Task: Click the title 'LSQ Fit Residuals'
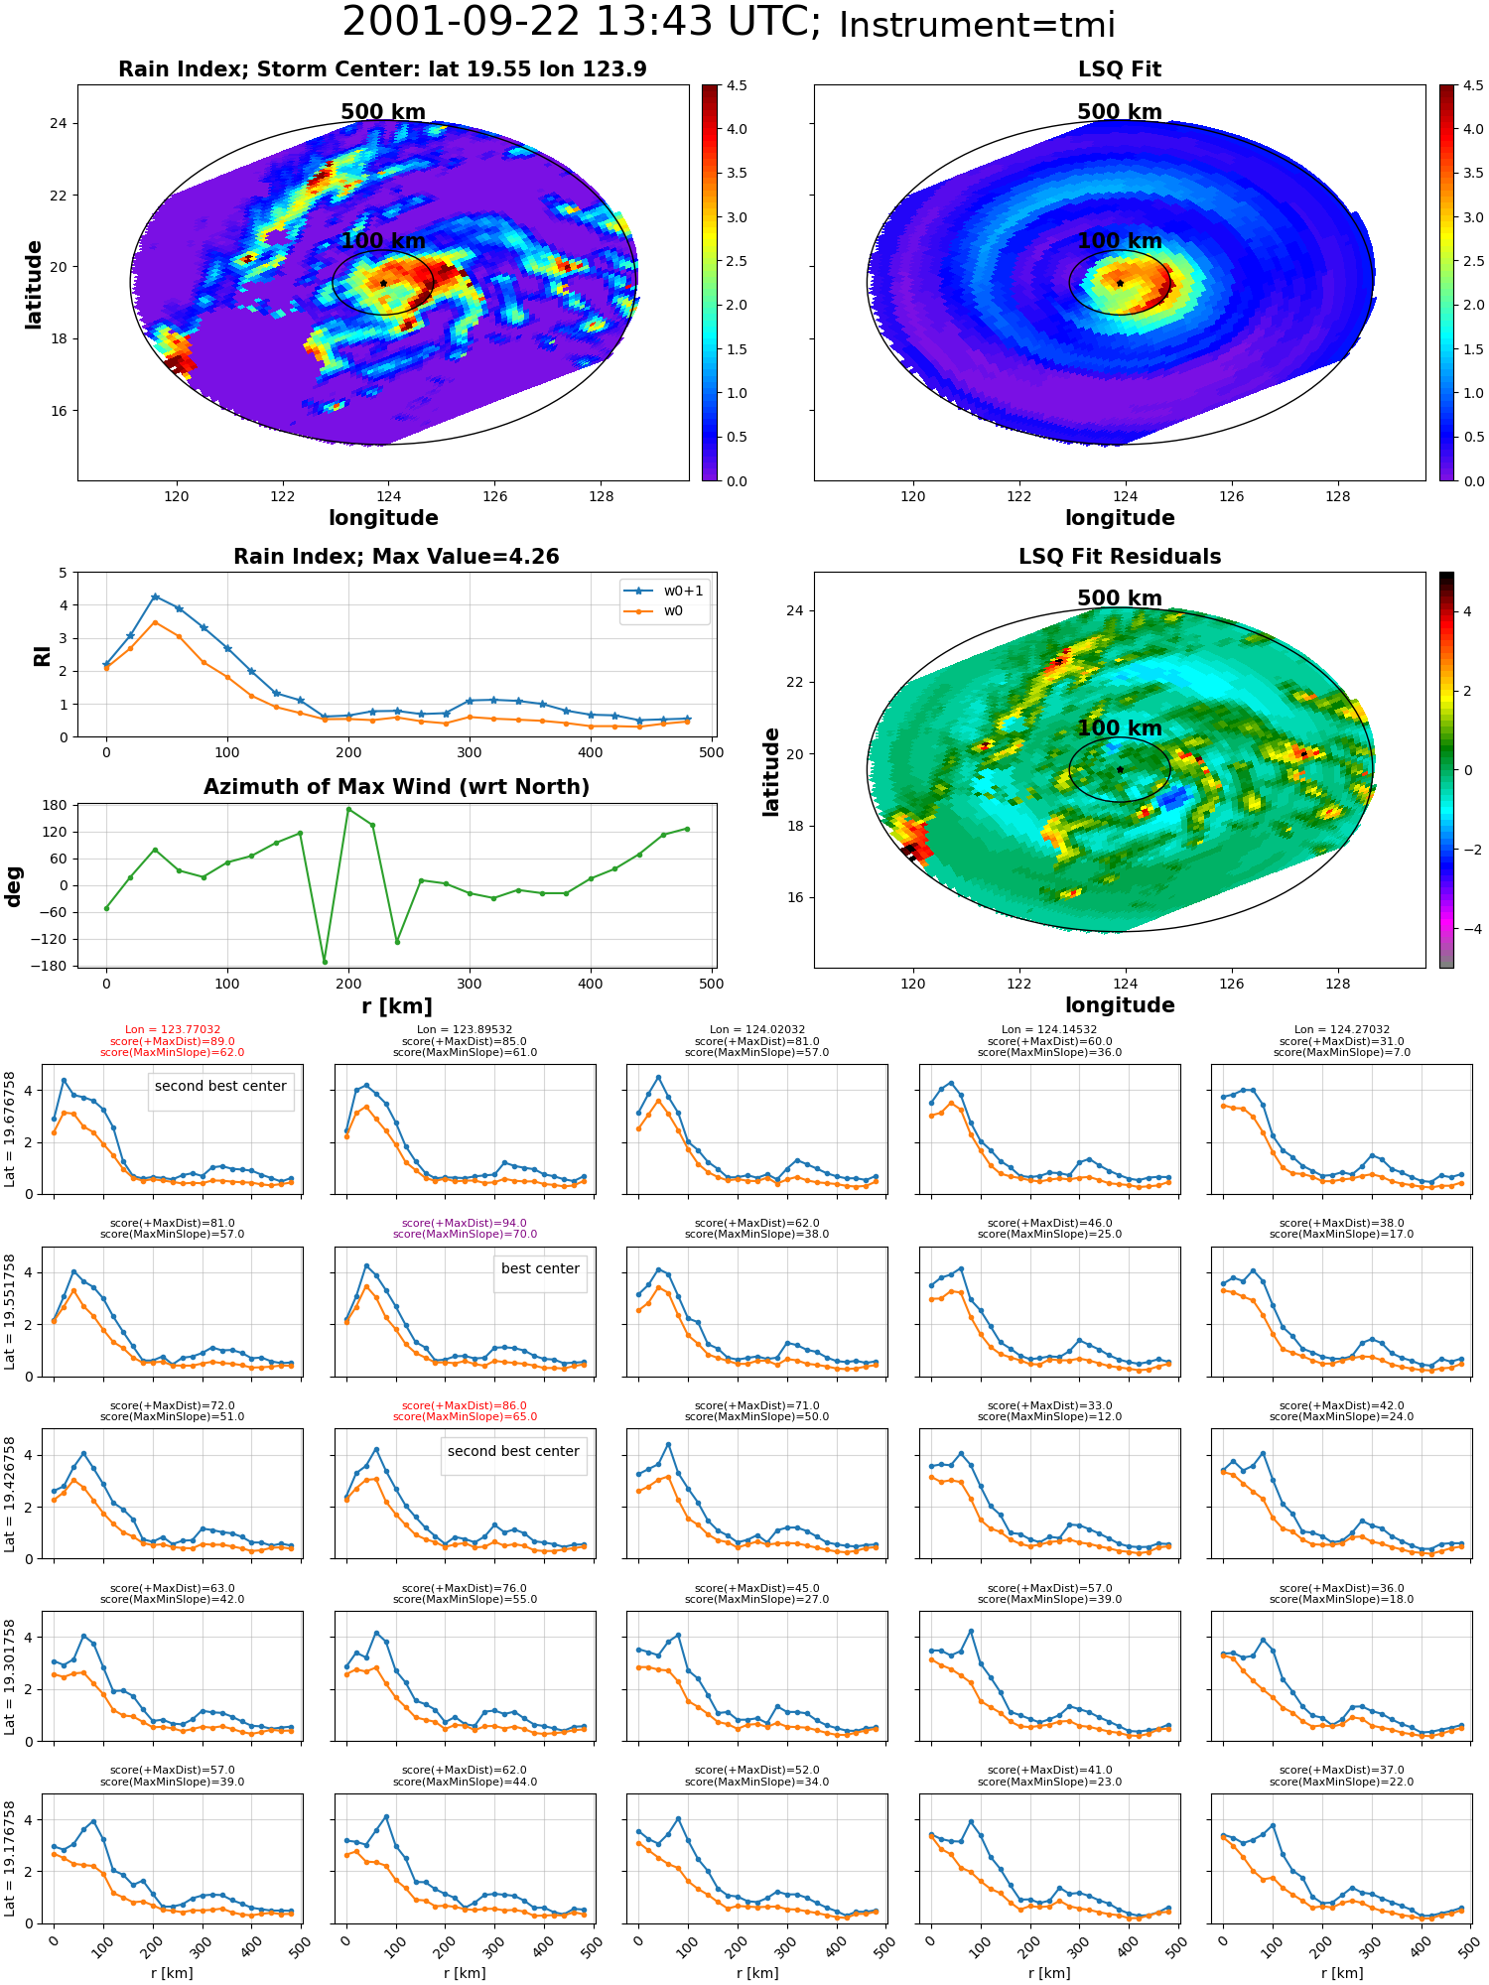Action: tap(1120, 557)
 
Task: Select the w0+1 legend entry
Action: tap(665, 591)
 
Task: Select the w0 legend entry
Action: tap(655, 611)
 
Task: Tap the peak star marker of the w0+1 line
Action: tap(155, 596)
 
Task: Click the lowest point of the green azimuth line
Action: tap(325, 962)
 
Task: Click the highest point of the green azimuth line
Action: tap(348, 810)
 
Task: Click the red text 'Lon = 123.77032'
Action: tap(173, 1030)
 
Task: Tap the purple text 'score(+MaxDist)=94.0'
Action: tap(465, 1224)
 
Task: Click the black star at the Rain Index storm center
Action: tap(383, 283)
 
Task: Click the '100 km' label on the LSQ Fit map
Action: tap(1120, 241)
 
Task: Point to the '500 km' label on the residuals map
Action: tap(1120, 598)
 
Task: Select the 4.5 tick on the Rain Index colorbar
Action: tap(736, 85)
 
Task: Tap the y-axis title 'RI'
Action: tap(42, 655)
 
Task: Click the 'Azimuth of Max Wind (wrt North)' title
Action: tap(396, 787)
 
